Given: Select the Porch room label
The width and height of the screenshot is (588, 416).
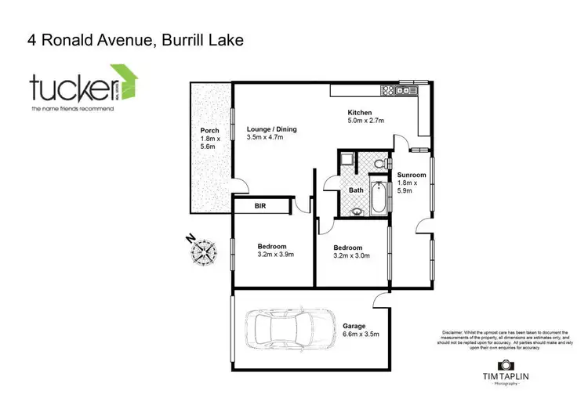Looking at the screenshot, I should click(209, 131).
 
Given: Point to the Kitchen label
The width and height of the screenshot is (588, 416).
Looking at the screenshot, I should click(360, 113).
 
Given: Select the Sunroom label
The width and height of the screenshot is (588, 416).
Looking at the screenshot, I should click(411, 175).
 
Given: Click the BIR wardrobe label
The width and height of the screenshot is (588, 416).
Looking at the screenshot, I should click(260, 206).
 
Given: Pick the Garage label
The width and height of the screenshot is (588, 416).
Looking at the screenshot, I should click(354, 326).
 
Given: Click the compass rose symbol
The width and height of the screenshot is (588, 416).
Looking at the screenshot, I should click(205, 252).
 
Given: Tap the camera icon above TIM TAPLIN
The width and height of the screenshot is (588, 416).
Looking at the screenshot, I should click(506, 364).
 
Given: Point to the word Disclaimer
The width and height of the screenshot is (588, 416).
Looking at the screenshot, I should click(454, 331).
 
